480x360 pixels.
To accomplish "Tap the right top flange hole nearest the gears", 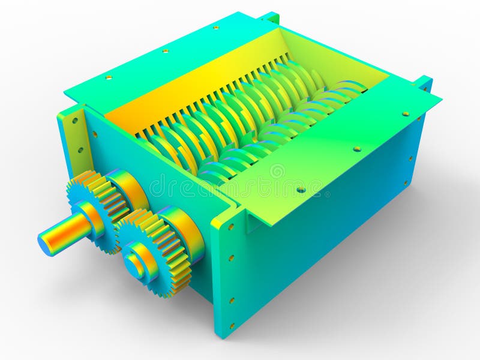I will (301, 190).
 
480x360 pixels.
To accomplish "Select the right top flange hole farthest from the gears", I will (406, 113).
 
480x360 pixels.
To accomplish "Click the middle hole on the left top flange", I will (165, 51).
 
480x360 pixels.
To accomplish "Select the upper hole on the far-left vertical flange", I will (74, 120).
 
